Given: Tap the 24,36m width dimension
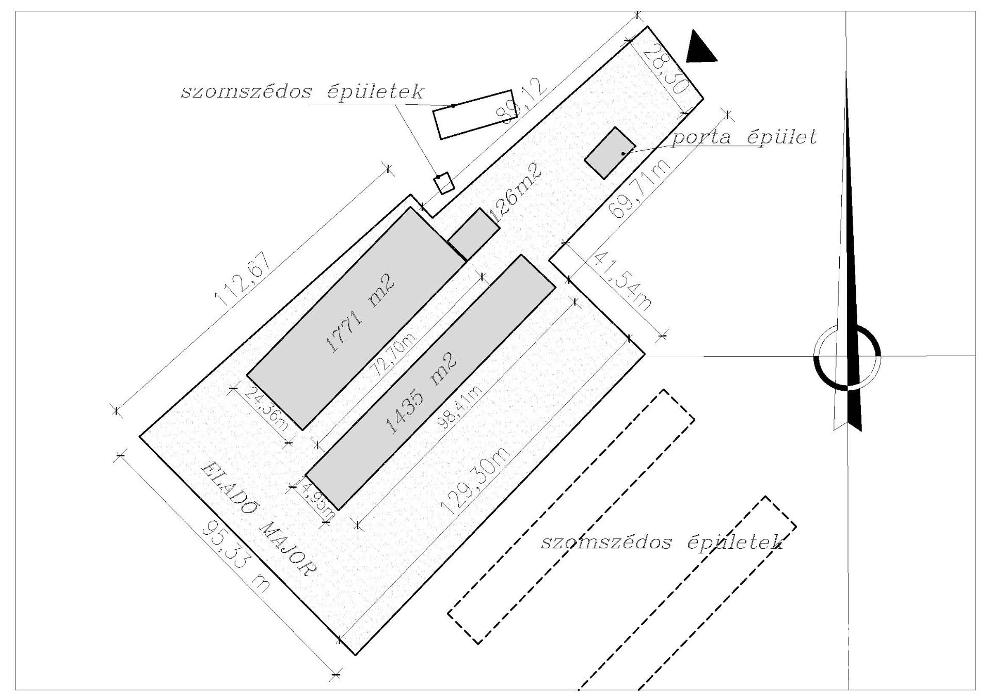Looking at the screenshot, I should point(266,409).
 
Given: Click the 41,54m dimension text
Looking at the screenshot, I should point(623,282).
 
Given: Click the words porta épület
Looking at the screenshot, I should point(744,138).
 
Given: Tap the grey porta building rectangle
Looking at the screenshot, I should point(610,153).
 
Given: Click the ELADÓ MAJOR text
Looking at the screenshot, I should point(258,518).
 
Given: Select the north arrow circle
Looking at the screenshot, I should point(846,357).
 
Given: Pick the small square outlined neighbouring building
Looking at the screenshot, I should point(444,183).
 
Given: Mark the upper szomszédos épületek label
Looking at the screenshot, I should point(302,92).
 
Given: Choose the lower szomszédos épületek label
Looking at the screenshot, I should point(662,543).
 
